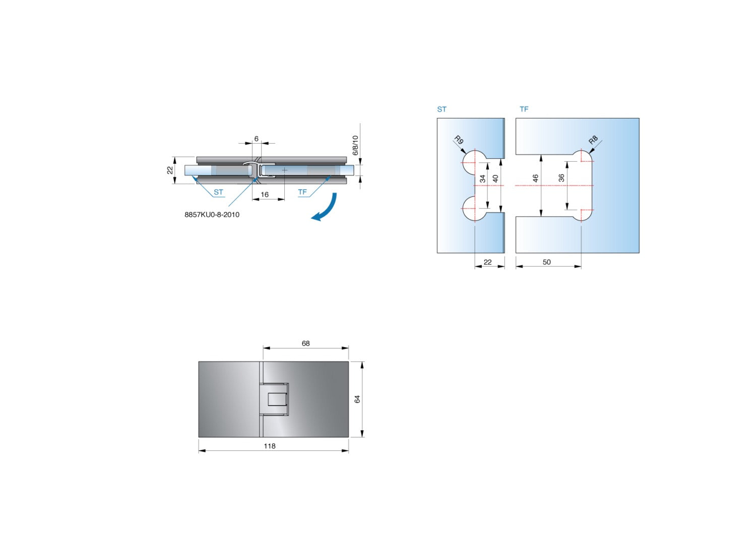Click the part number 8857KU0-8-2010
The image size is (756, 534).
(x=212, y=215)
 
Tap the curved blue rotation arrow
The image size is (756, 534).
(x=326, y=209)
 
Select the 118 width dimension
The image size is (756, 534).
(x=270, y=446)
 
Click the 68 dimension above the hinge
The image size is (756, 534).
(x=305, y=344)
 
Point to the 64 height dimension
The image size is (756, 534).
(x=357, y=399)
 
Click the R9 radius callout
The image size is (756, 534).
(x=459, y=140)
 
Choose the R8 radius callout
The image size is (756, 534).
(x=593, y=140)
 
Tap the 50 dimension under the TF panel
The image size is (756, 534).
(x=547, y=262)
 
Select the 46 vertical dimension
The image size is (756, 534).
(x=535, y=178)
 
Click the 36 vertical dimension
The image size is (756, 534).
(x=561, y=178)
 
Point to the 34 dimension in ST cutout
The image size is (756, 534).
(x=483, y=178)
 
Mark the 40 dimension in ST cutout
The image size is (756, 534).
(x=495, y=178)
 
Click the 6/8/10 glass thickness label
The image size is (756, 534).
(x=355, y=145)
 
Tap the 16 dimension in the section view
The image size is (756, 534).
(x=265, y=194)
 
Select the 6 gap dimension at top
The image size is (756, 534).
(x=256, y=139)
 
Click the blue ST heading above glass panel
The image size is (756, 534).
(x=442, y=109)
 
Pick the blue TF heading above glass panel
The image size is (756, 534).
(x=524, y=109)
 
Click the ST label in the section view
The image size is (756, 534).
(x=218, y=192)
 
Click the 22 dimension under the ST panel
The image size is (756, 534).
(x=487, y=262)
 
